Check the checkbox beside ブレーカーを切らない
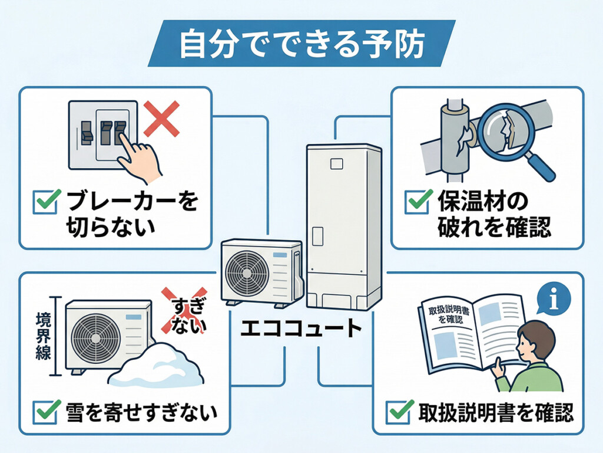pos(47,202)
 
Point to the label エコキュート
pos(300,326)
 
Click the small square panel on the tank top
pos(338,163)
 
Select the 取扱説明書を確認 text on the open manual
pos(445,315)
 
